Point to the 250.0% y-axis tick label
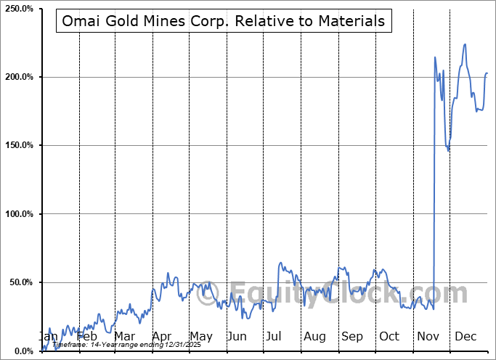20,9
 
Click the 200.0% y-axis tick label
20,77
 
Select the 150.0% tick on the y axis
20,146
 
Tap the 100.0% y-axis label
20,214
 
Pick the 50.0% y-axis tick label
22,282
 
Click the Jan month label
48,337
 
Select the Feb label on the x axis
86,337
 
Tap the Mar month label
124,337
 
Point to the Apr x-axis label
161,337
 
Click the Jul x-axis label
274,337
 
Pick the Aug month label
314,337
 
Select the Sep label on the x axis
352,337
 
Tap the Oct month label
389,337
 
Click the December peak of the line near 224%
465,44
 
